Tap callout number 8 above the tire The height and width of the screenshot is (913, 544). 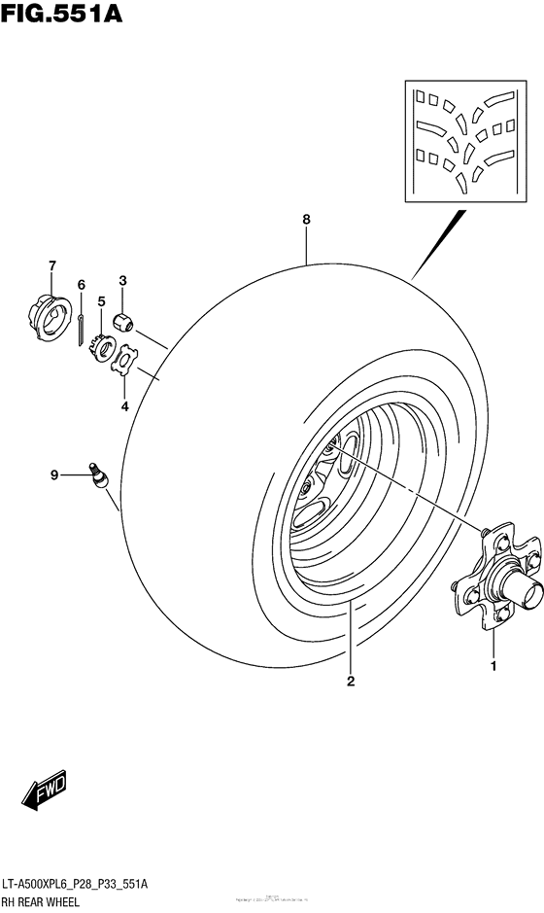coord(306,220)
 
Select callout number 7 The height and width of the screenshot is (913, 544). coord(52,265)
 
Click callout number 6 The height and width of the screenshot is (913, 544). coord(82,285)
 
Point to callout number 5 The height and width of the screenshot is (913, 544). coord(100,300)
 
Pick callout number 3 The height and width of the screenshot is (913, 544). coord(123,281)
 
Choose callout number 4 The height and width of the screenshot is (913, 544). coord(124,406)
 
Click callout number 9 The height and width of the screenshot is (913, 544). coord(55,474)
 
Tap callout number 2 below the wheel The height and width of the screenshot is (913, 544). coord(351,681)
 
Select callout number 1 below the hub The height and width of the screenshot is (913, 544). coord(493,666)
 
